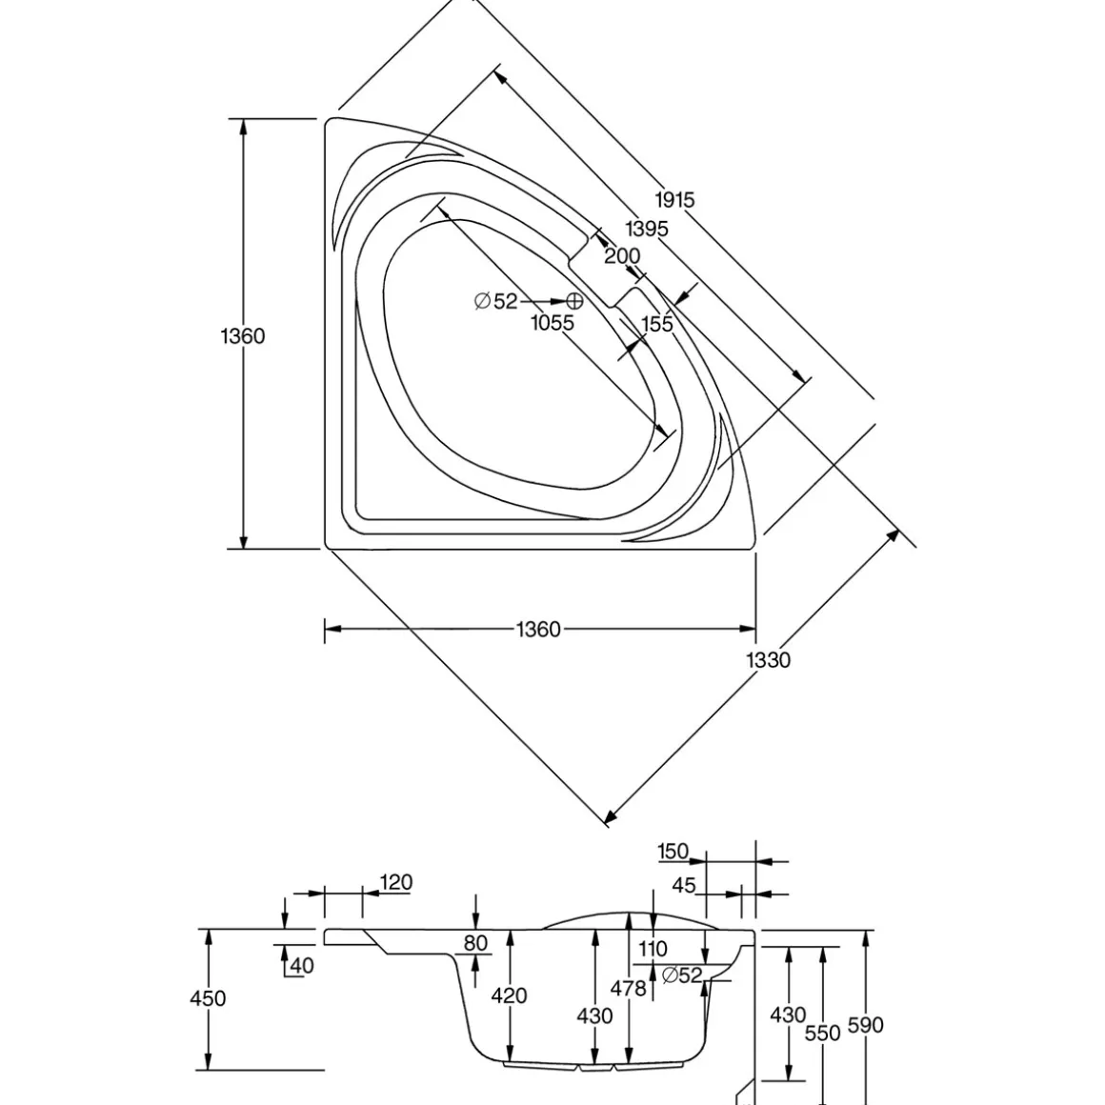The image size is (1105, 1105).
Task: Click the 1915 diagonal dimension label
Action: click(x=674, y=200)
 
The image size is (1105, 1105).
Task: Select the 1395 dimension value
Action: click(x=647, y=229)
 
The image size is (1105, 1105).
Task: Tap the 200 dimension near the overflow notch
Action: click(x=622, y=256)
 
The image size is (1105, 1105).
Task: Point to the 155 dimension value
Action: click(x=656, y=324)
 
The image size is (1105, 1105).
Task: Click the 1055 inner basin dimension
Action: click(x=552, y=324)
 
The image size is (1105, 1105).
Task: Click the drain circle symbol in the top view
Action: click(x=574, y=301)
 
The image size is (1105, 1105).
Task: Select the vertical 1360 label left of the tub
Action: click(x=242, y=336)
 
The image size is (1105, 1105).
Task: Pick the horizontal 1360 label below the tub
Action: click(x=538, y=630)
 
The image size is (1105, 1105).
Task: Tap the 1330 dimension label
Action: click(x=768, y=660)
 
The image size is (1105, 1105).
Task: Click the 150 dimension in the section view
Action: click(x=673, y=852)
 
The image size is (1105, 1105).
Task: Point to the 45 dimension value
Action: click(x=683, y=886)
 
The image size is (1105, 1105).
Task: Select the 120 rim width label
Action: click(x=395, y=883)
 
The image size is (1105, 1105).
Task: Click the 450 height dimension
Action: click(x=208, y=998)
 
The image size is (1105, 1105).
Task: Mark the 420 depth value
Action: click(x=510, y=996)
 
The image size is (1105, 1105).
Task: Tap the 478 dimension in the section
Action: click(x=629, y=989)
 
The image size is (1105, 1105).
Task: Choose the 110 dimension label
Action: click(x=653, y=949)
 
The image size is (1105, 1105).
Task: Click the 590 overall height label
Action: click(x=865, y=1025)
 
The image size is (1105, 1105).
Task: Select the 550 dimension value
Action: click(x=822, y=1033)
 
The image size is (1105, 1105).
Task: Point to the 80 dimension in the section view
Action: click(x=474, y=944)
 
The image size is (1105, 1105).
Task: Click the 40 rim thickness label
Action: click(x=301, y=966)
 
